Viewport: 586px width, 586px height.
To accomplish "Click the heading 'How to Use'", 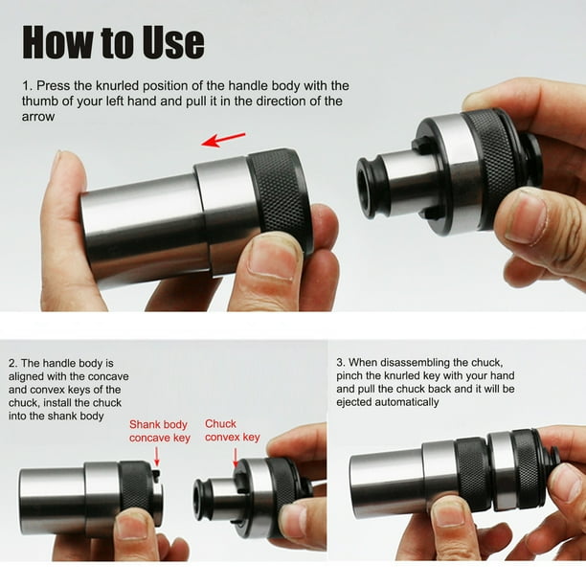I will point(113,42).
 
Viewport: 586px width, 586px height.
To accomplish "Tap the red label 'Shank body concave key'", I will point(160,432).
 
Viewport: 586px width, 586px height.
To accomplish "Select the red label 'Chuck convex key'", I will point(233,431).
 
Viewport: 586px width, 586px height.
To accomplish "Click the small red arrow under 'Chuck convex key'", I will point(236,457).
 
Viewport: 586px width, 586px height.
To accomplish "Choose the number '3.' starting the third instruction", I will point(341,364).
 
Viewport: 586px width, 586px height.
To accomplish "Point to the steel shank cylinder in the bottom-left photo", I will point(53,500).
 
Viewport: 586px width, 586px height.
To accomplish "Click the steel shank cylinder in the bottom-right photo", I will point(385,485).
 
